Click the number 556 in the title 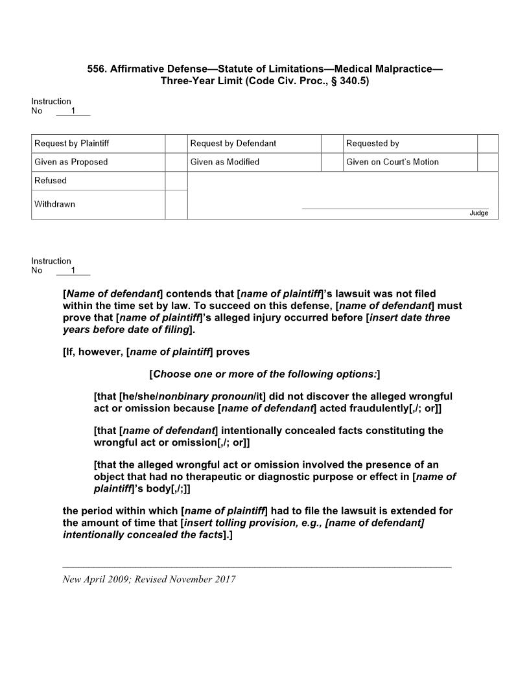coord(97,69)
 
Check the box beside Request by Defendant coord(332,143)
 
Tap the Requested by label coord(373,143)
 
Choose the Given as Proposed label coord(71,162)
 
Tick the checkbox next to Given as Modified coord(332,162)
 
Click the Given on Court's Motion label coord(392,162)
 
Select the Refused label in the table coord(51,181)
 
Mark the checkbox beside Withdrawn coord(176,205)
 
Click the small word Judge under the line coord(479,213)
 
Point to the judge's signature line coord(395,209)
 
